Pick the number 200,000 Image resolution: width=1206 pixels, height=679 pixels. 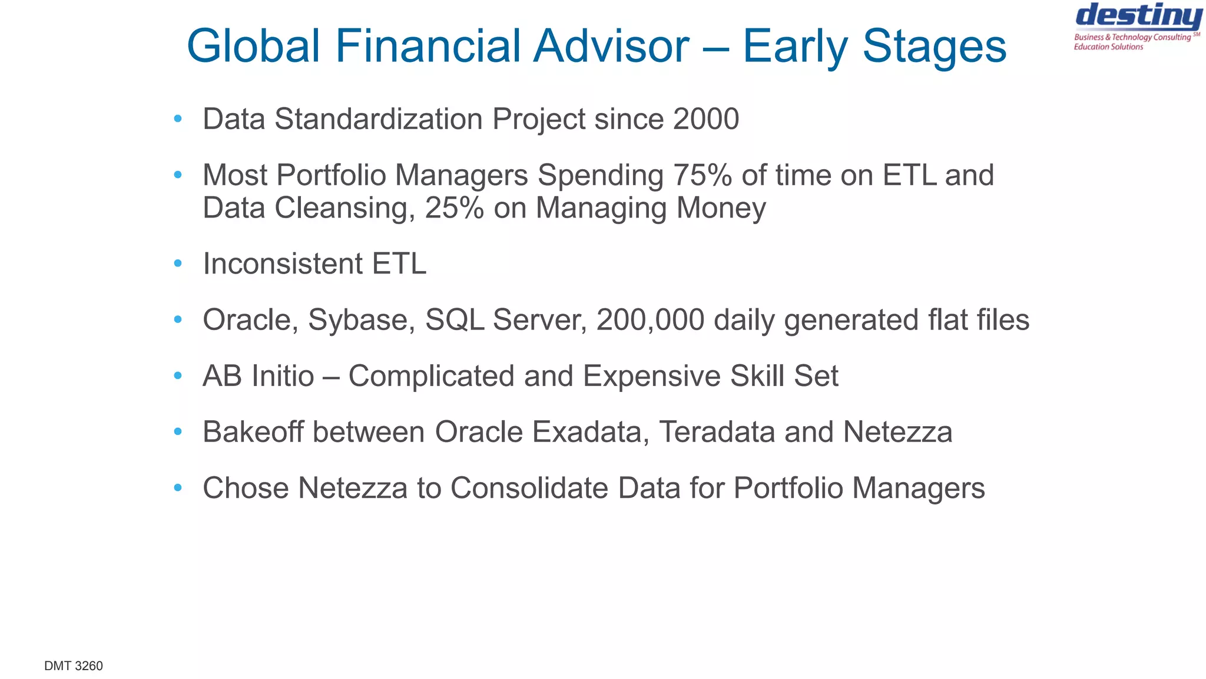[x=650, y=320]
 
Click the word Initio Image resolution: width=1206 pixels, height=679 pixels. [x=283, y=376]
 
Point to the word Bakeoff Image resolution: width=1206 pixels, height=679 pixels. [x=254, y=432]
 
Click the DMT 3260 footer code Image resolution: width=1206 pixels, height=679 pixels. [x=74, y=666]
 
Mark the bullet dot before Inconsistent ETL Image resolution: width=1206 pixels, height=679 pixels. [x=178, y=263]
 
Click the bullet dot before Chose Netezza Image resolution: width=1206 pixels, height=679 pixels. [x=178, y=488]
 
